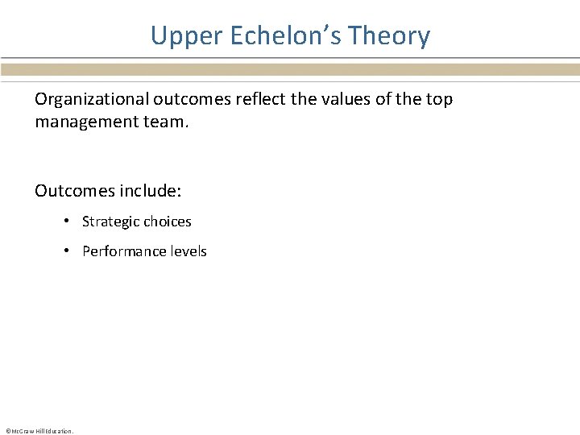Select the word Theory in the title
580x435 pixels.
click(x=391, y=36)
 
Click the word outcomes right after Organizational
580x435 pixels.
click(x=179, y=100)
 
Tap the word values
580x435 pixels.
click(x=329, y=100)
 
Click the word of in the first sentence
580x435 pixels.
click(x=371, y=100)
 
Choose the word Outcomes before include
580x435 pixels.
click(x=73, y=191)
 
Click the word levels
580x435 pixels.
click(x=188, y=251)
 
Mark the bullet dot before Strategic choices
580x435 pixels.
click(x=69, y=222)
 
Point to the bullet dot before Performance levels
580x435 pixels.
click(x=69, y=251)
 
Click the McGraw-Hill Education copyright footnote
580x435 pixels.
click(x=39, y=431)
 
